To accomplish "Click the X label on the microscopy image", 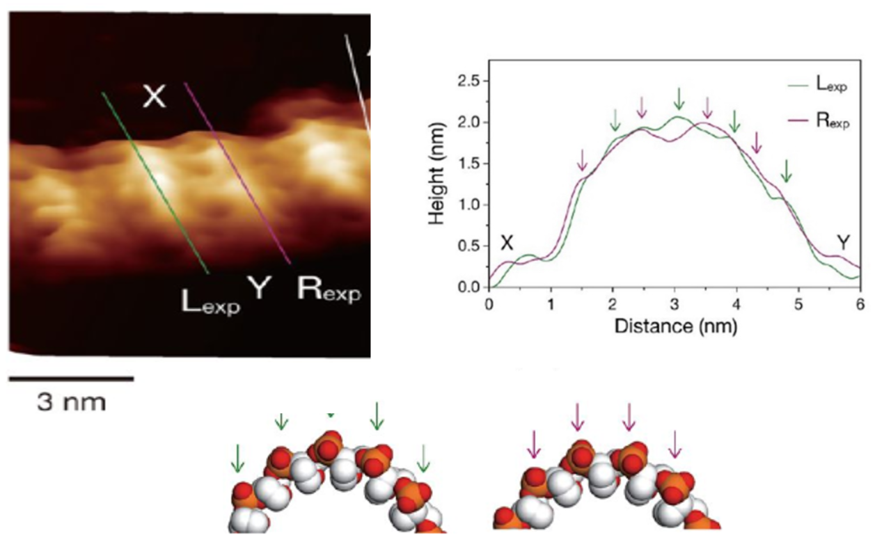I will [x=154, y=97].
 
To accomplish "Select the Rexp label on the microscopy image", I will [x=329, y=288].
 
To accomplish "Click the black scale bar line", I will [x=70, y=379].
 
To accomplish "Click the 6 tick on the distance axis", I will [x=860, y=304].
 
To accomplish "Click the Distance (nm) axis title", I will [x=675, y=326].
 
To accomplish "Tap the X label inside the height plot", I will [x=507, y=243].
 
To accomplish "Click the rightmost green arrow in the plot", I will [x=786, y=170].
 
